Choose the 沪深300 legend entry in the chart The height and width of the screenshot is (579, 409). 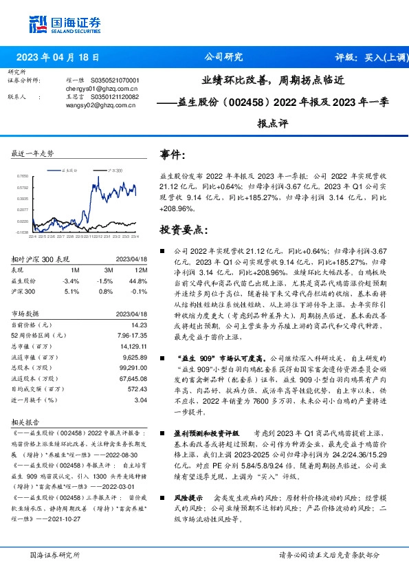tap(114, 168)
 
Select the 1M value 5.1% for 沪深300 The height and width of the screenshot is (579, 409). tap(71, 291)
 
